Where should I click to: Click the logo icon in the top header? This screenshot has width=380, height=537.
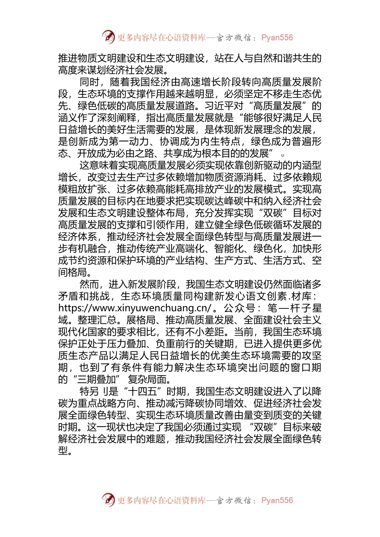point(108,37)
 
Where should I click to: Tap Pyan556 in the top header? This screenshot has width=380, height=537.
point(277,38)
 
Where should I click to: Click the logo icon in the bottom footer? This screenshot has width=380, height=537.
point(108,500)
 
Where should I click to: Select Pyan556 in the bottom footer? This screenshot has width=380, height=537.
point(277,500)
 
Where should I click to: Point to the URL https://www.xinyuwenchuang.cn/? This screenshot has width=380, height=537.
point(134,308)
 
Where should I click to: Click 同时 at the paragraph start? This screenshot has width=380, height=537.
point(89,82)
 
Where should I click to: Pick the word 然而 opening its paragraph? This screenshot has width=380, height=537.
point(89,284)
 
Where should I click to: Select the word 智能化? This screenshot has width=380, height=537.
point(229,249)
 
